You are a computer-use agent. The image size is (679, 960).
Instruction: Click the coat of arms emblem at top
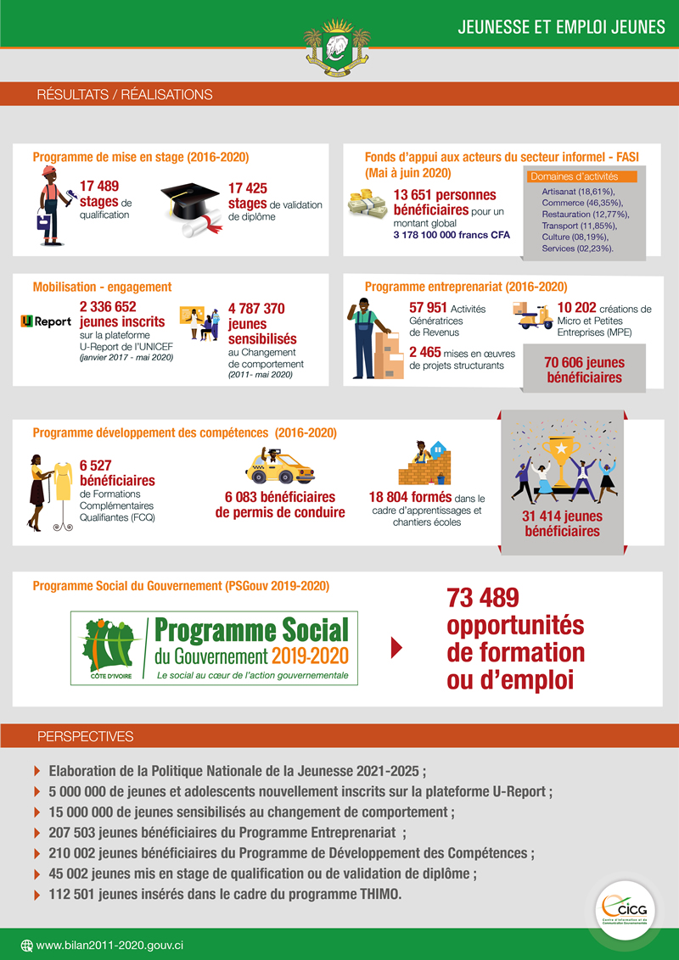tap(339, 49)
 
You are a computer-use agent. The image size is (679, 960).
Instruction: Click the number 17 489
tap(99, 186)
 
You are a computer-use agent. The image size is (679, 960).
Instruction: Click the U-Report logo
tap(46, 321)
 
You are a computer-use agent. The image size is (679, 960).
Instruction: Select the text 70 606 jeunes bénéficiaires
tap(584, 370)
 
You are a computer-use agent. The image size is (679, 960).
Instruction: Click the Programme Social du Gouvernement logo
tap(215, 648)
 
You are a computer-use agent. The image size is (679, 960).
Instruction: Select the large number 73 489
tap(482, 599)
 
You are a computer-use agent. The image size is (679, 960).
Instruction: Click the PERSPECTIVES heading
tap(85, 736)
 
